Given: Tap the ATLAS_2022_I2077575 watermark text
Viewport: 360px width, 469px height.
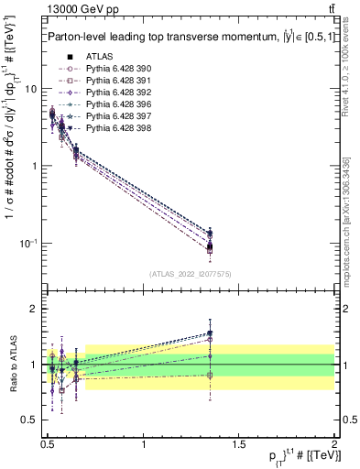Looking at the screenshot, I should (x=190, y=274).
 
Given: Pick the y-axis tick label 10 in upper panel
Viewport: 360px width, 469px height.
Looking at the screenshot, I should (x=29, y=89).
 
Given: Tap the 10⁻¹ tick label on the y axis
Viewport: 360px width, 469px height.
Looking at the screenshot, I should (x=27, y=243).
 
